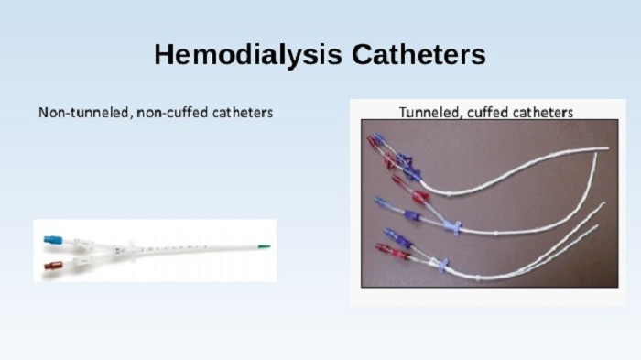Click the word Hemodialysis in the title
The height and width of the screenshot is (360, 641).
pyautogui.click(x=239, y=55)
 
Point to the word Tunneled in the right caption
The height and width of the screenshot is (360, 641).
pyautogui.click(x=428, y=113)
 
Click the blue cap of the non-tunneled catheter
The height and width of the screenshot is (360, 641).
pyautogui.click(x=52, y=240)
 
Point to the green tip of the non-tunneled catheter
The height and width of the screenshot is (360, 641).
pyautogui.click(x=264, y=245)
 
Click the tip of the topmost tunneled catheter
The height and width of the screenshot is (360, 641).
pyautogui.click(x=604, y=147)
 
